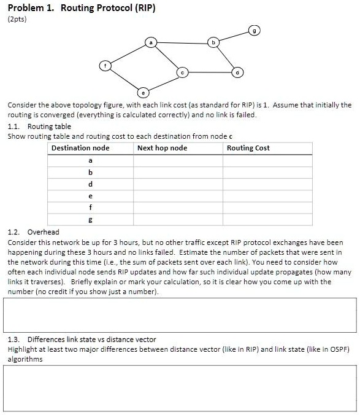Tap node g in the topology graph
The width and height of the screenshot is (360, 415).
255,29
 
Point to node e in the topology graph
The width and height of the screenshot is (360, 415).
144,93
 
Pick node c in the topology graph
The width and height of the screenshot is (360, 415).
182,72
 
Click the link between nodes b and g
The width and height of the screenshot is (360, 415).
234,36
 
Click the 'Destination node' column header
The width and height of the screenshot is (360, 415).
80,148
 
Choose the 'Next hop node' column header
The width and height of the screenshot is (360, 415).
163,148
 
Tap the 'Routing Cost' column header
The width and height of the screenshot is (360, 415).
248,148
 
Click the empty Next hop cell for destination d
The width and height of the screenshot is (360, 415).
178,184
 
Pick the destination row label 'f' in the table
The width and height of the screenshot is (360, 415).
90,207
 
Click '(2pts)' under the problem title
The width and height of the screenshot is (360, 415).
18,19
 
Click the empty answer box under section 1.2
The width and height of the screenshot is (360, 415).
180,316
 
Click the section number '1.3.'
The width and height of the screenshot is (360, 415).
15,339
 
